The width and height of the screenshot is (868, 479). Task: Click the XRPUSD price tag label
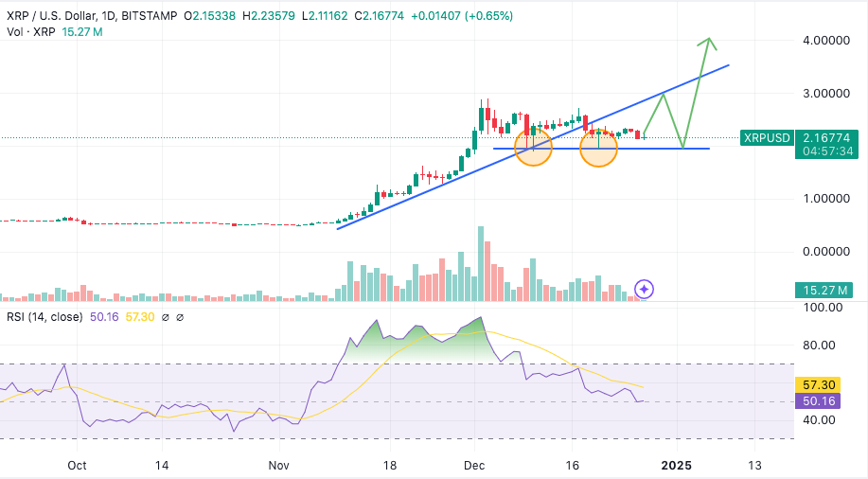tap(767, 138)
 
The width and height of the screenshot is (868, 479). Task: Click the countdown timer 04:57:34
tap(827, 151)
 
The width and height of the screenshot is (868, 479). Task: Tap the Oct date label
tap(78, 466)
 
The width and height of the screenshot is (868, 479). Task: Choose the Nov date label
tap(278, 466)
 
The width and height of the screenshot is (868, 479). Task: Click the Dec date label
tap(474, 466)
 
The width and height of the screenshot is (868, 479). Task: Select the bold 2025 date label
tap(677, 466)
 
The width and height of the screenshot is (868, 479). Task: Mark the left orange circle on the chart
tap(534, 148)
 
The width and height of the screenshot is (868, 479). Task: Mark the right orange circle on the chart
tap(598, 148)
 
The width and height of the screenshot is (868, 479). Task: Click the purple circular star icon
tap(644, 289)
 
